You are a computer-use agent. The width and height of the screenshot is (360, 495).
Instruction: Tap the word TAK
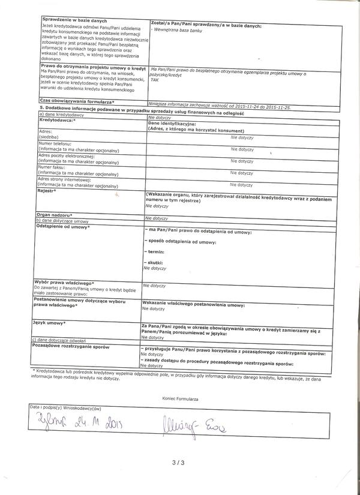(x=155, y=79)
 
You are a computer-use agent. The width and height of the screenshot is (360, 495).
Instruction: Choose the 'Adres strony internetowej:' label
(x=64, y=179)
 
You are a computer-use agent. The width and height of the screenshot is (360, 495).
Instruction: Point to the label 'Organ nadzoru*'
(x=54, y=214)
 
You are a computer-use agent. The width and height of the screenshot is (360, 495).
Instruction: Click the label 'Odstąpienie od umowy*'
(x=62, y=227)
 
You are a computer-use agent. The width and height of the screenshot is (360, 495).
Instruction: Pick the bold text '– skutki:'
(x=154, y=263)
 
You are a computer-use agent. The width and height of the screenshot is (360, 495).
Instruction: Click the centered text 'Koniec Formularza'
(x=180, y=398)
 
